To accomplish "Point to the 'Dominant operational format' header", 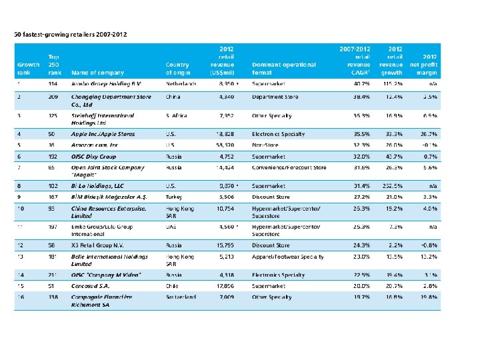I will click(284, 69).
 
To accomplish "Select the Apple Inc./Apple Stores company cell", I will click(103, 134).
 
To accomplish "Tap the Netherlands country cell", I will click(181, 84).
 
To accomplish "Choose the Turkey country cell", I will click(174, 197).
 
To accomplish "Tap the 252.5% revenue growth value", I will click(393, 187).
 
